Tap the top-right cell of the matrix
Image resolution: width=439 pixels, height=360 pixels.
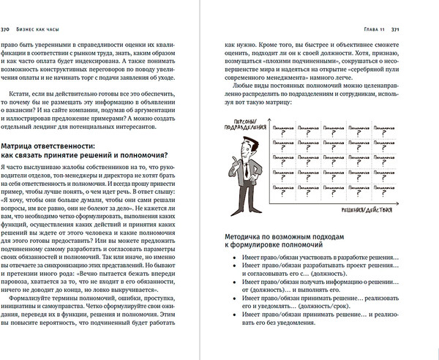pos(409,131)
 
